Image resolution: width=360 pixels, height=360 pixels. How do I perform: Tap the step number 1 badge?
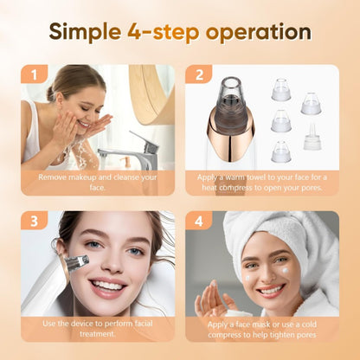pos(34,74)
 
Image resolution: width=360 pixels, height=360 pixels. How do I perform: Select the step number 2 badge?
pos(198,74)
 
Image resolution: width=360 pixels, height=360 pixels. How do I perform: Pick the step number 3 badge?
pos(34,222)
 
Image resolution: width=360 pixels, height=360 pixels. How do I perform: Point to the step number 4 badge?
pos(198,222)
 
